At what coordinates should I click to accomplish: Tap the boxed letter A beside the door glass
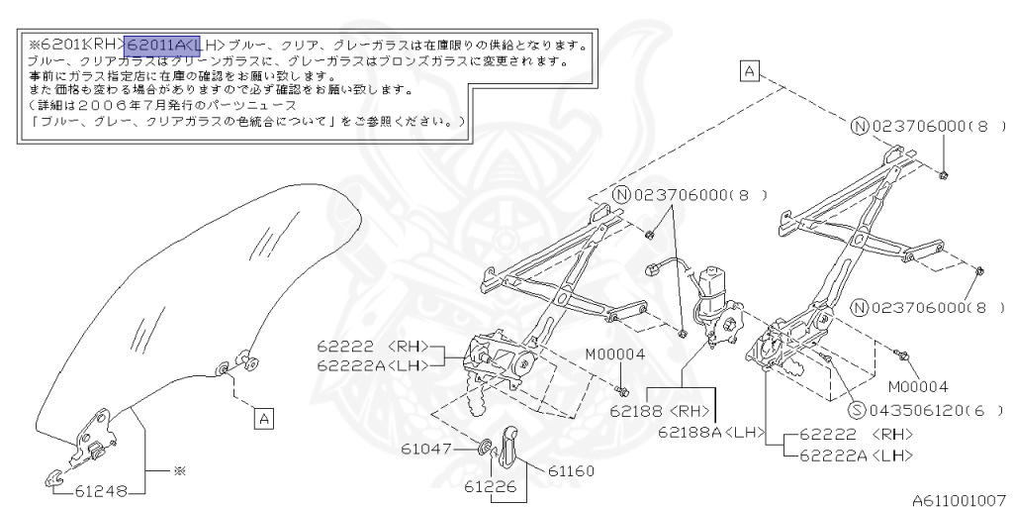tap(263, 419)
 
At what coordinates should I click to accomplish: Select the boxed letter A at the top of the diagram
tap(750, 70)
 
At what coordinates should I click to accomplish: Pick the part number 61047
tap(425, 449)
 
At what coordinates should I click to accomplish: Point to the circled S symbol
tap(858, 409)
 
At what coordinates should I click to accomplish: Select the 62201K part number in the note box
tap(58, 45)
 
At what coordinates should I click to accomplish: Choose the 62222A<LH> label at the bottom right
tap(856, 455)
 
